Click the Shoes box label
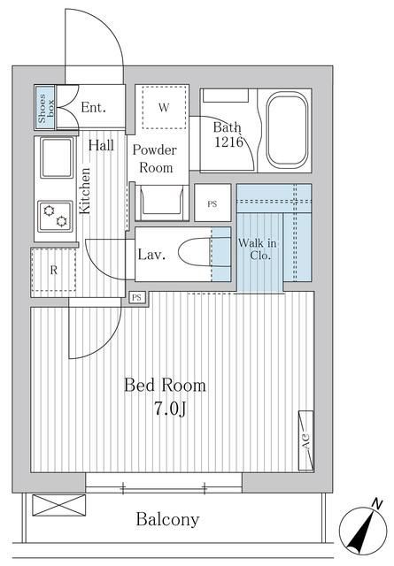pos(45,108)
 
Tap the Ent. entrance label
pos(93,107)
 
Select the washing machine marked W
pos(164,107)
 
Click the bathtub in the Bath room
pos(288,130)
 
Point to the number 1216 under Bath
pos(228,141)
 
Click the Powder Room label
pos(155,159)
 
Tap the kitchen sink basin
pos(57,157)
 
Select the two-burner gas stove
pos(55,216)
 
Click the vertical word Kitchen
pos(85,191)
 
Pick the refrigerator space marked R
pos(53,270)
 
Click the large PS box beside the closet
pos(212,203)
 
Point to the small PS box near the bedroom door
pos(136,297)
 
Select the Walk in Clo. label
pos(258,249)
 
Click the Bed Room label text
pos(166,386)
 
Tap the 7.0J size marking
pos(170,409)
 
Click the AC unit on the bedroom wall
pos(305,440)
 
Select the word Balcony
pos(167,519)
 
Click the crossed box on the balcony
pos(59,505)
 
